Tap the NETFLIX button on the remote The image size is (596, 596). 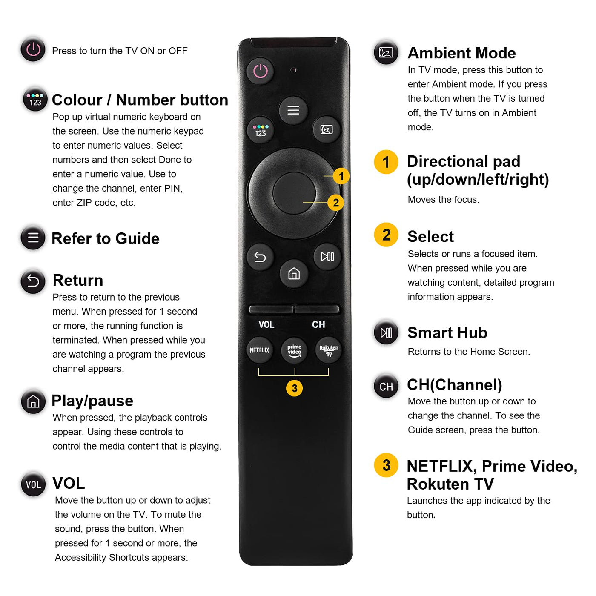260,350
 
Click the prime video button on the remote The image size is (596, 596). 294,350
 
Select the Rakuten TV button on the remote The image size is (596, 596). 329,350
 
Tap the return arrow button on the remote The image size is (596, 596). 260,257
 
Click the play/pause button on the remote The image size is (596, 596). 327,256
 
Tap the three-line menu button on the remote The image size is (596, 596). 293,110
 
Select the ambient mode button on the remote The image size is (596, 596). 326,129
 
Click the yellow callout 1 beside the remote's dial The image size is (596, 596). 341,176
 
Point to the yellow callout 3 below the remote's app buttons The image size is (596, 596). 295,388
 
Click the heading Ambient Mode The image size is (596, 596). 461,53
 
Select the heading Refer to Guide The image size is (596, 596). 106,238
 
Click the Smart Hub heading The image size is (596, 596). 447,332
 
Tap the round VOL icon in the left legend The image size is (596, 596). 33,484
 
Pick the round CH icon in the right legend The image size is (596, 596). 386,386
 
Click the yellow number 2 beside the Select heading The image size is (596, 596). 386,235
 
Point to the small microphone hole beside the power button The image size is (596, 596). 293,70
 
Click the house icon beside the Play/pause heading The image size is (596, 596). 33,401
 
